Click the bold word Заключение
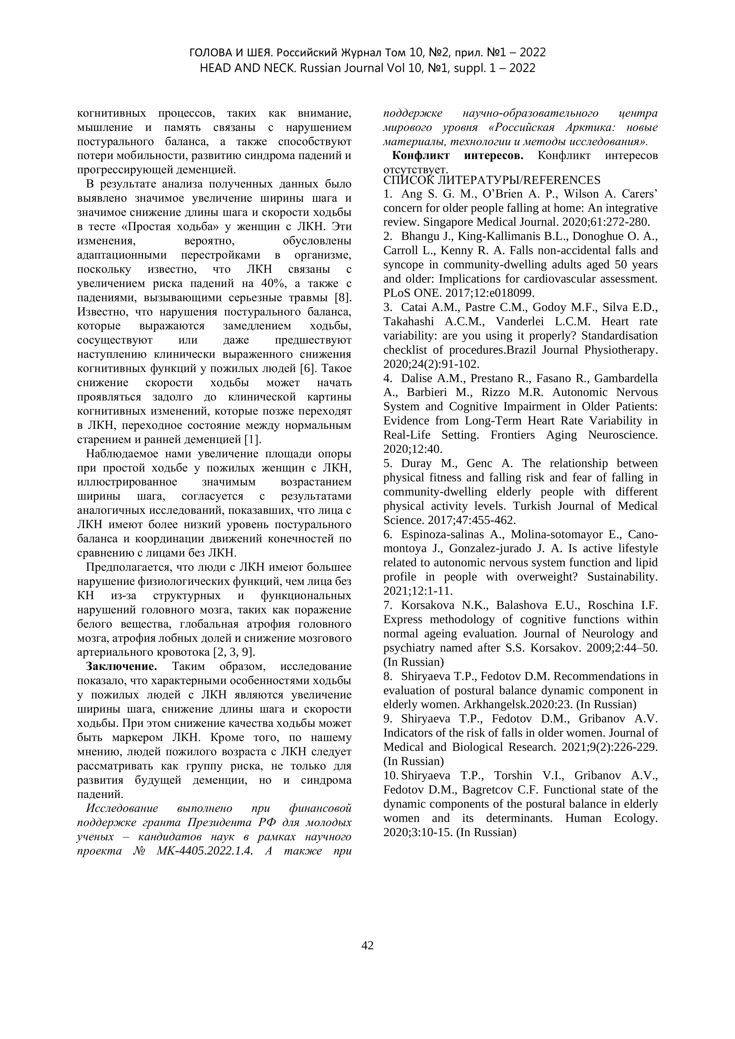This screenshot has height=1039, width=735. click(x=121, y=667)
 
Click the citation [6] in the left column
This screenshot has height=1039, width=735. click(x=307, y=369)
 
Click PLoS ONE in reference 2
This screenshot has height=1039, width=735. click(x=405, y=293)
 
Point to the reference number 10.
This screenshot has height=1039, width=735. click(x=390, y=776)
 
